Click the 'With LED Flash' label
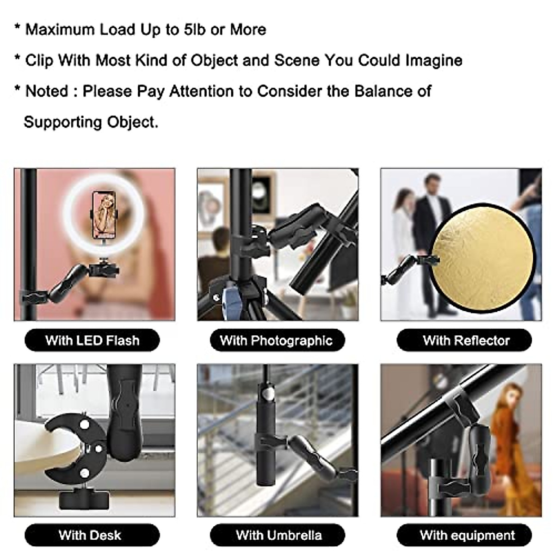click(x=92, y=341)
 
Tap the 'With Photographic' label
click(x=277, y=341)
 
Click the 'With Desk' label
click(x=90, y=536)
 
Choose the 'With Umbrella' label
click(x=278, y=536)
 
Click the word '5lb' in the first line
click(x=194, y=30)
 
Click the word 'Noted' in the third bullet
click(x=46, y=91)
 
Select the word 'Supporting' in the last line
click(x=62, y=122)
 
